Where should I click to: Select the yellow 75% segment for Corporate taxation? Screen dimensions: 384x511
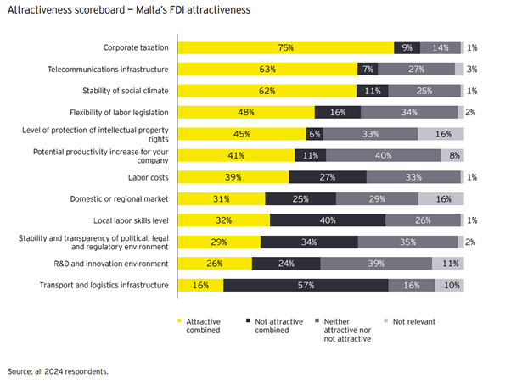[285, 47]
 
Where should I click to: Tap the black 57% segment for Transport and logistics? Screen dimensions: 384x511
[306, 286]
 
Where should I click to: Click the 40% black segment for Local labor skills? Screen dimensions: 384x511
[328, 220]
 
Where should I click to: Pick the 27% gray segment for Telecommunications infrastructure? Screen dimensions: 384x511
[416, 69]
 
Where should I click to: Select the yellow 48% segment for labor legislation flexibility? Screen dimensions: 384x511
[245, 112]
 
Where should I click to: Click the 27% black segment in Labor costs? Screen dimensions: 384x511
[328, 177]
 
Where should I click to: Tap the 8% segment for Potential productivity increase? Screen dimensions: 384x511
[453, 155]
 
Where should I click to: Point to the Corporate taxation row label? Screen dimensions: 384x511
[136, 47]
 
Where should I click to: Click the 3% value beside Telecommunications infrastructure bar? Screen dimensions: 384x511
[471, 69]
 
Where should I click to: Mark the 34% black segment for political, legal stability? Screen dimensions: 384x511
[309, 242]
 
